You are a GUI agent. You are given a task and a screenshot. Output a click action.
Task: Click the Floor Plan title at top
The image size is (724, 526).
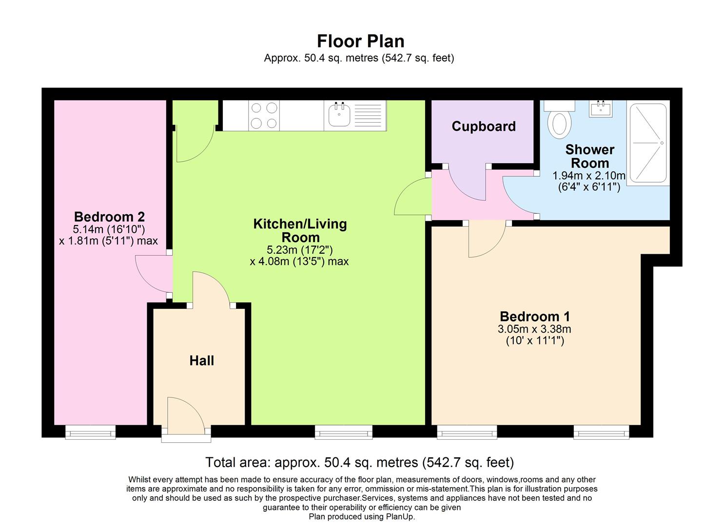click(x=361, y=41)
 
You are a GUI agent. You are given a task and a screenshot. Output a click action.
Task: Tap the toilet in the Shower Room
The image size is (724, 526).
click(x=559, y=122)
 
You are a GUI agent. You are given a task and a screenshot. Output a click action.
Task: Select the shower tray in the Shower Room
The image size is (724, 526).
click(x=648, y=143)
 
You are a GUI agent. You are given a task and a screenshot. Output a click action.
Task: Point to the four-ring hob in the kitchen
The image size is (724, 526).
click(x=264, y=115)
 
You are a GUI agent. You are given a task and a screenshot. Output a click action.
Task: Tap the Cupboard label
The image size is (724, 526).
click(x=483, y=127)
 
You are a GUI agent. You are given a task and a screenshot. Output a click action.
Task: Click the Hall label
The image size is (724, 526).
click(x=201, y=361)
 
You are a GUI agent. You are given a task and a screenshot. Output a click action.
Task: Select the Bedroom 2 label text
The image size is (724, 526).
click(x=109, y=217)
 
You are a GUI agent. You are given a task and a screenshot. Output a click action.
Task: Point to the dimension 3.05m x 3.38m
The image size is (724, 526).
click(x=534, y=329)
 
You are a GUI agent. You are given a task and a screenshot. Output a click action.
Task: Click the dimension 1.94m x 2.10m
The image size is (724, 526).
click(x=588, y=176)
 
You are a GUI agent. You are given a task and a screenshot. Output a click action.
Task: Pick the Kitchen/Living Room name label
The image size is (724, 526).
click(x=300, y=231)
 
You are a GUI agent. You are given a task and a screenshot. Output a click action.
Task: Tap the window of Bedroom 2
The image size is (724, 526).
click(x=91, y=432)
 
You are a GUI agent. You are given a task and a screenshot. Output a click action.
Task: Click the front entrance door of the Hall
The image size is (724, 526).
click(x=186, y=416)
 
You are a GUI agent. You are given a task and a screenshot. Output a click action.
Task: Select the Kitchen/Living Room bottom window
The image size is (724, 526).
click(x=343, y=432)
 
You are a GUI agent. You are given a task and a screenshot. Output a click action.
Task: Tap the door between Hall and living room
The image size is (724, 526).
click(x=211, y=289)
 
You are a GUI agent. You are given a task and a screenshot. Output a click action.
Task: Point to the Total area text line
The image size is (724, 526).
click(x=359, y=462)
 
